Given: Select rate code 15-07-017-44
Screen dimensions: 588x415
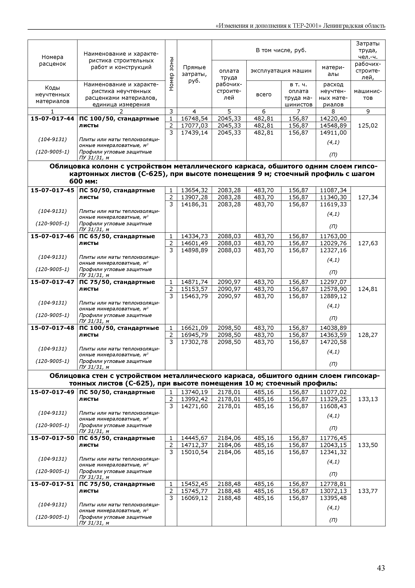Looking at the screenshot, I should pos(52,119).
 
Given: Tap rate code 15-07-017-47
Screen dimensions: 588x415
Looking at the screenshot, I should pos(52,282).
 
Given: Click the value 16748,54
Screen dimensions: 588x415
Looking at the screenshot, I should pos(194,119).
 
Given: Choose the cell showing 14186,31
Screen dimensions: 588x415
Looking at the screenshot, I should pos(194,204).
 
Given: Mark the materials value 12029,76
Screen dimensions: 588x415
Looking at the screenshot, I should pos(333,243).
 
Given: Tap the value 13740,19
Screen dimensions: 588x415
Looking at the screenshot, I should pos(194,392).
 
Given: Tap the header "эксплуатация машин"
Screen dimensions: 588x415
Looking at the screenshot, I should pos(281,71).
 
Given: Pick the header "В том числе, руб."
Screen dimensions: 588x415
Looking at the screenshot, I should pos(281,50).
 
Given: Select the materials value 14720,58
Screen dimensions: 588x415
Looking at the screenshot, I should pos(333,342).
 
